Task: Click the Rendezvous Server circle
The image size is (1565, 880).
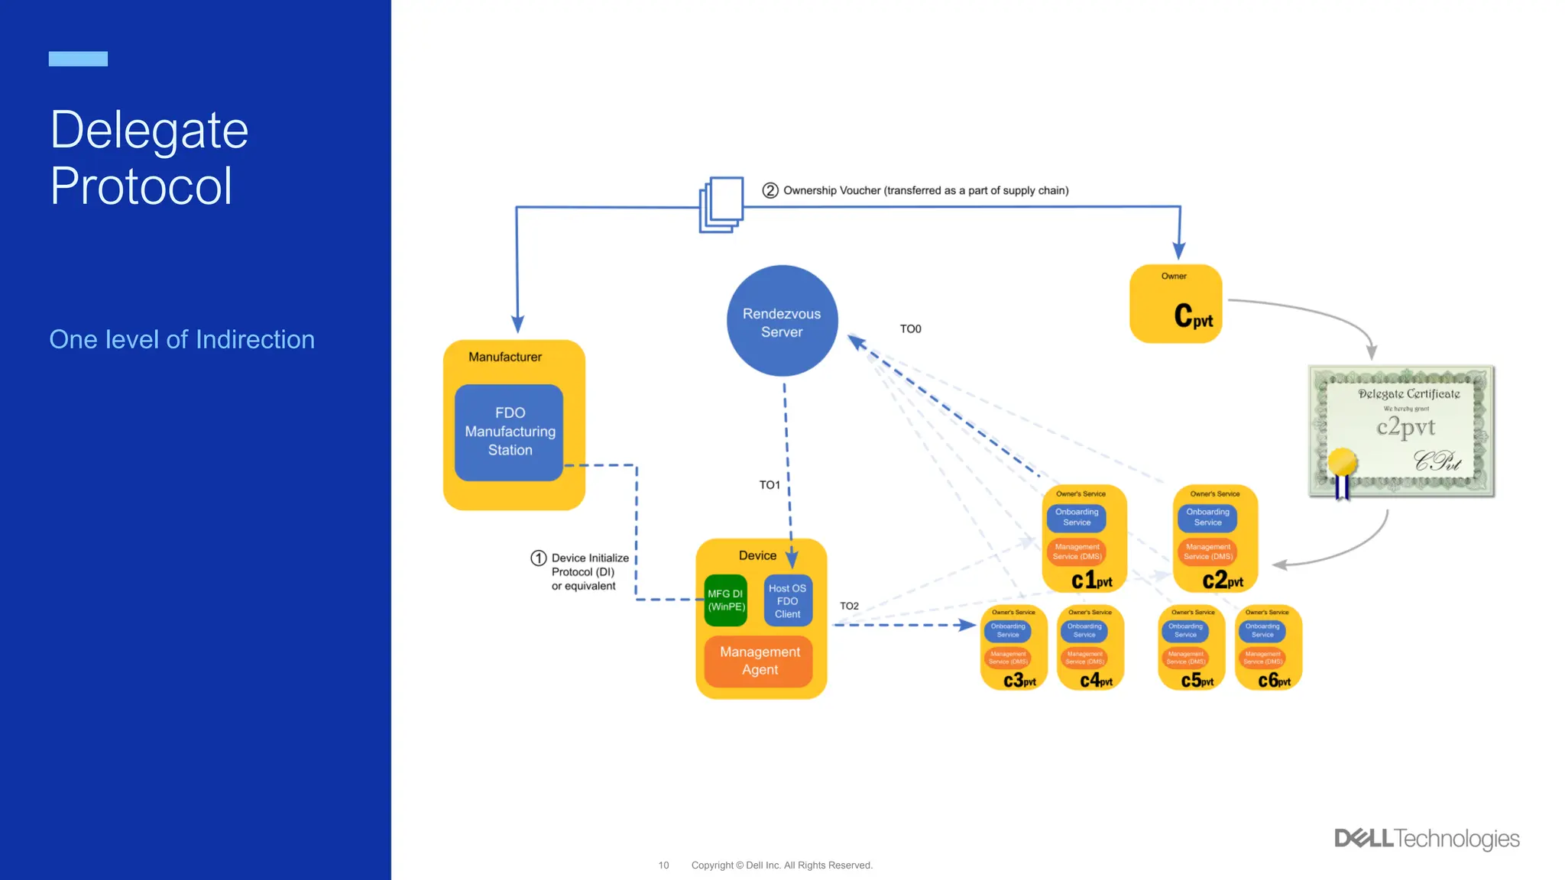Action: tap(782, 322)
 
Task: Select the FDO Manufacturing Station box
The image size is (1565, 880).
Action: tap(509, 432)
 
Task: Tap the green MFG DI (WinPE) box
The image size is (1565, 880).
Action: tap(725, 600)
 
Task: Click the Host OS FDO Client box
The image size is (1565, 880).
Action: tap(787, 601)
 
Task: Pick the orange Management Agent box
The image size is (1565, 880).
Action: tap(759, 661)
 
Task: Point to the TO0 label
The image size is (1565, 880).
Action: tap(910, 329)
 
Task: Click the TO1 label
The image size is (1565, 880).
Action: tap(769, 485)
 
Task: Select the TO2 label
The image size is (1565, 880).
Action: tap(849, 607)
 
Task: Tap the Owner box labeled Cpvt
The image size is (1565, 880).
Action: tap(1175, 304)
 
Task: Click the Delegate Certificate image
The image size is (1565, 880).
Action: tap(1401, 432)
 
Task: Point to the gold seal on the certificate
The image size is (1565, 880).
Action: tap(1342, 463)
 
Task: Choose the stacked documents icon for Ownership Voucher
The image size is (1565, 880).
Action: tap(721, 205)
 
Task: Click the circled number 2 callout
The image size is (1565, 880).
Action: tap(770, 190)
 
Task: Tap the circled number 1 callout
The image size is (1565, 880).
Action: tap(538, 558)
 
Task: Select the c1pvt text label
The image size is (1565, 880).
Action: tap(1091, 581)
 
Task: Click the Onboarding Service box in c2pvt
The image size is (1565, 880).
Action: tap(1207, 518)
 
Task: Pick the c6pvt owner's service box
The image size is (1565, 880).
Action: tap(1268, 648)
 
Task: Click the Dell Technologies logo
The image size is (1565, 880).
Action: tap(1426, 839)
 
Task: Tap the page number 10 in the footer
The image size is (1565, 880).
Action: tap(663, 865)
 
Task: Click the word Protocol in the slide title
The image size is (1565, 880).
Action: tap(141, 186)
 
